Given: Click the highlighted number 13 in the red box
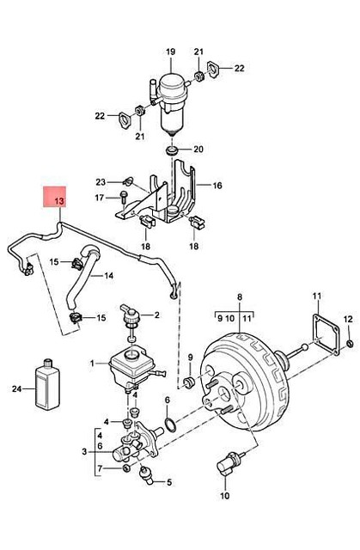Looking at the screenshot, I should [x=59, y=203].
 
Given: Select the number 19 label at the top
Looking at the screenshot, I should [x=170, y=52].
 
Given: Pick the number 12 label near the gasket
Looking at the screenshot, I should [x=348, y=321].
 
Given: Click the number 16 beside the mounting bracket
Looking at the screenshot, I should [x=217, y=186].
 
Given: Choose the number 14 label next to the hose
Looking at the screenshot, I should [x=108, y=276].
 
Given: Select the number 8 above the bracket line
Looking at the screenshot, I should [x=240, y=294].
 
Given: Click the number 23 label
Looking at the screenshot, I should [x=101, y=181].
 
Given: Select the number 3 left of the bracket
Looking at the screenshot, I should [x=82, y=451].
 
